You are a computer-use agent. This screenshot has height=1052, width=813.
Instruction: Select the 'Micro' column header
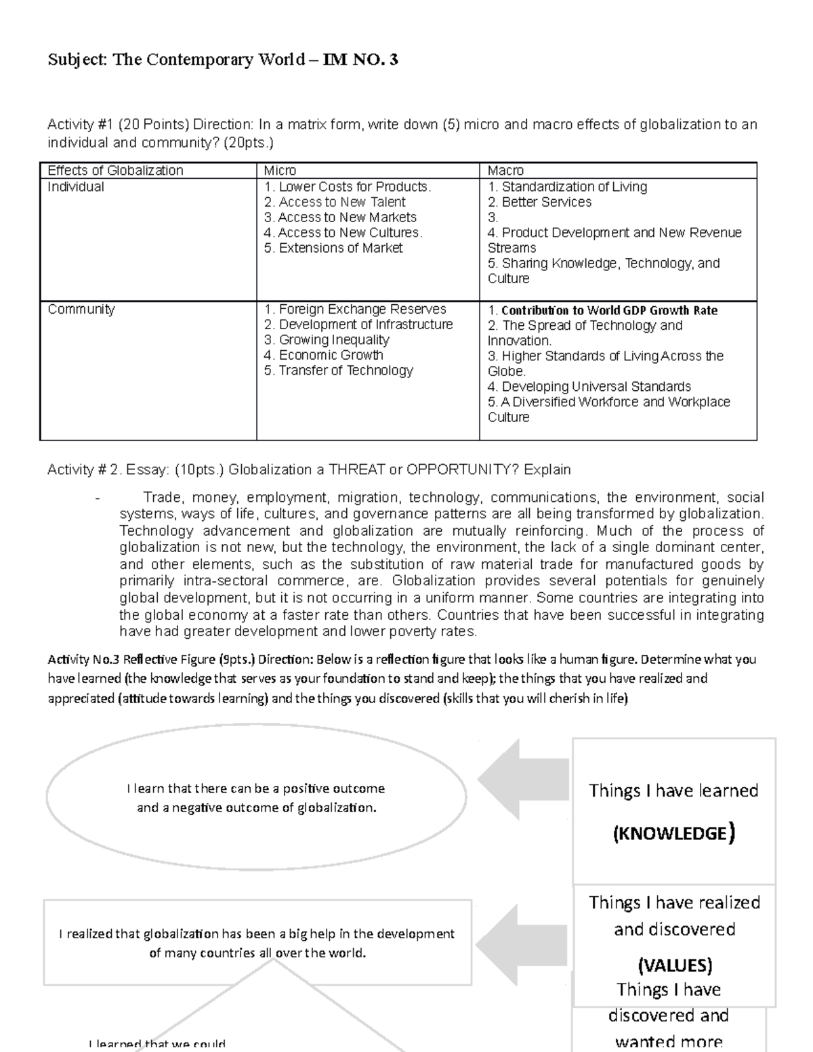tap(280, 171)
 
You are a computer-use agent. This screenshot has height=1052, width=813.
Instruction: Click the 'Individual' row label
tap(76, 187)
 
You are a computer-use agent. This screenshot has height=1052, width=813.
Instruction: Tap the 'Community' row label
tap(81, 310)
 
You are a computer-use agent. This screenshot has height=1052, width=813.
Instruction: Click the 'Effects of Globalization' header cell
tap(115, 171)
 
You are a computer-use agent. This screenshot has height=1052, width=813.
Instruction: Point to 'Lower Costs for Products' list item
tap(348, 187)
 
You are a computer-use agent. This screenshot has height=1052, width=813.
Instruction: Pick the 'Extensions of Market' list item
tap(333, 248)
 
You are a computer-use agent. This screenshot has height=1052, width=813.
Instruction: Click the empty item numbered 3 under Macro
tap(493, 217)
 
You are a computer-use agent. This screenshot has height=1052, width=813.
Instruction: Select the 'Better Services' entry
tap(540, 202)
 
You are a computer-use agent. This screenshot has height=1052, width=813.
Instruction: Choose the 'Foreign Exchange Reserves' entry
tap(355, 310)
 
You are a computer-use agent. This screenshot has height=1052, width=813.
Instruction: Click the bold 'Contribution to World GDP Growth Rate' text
tap(602, 310)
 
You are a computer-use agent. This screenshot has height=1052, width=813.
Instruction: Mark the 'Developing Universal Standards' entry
tap(589, 387)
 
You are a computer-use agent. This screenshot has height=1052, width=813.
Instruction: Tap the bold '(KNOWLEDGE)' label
tap(673, 833)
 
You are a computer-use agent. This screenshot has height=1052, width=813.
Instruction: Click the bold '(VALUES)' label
tap(673, 965)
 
